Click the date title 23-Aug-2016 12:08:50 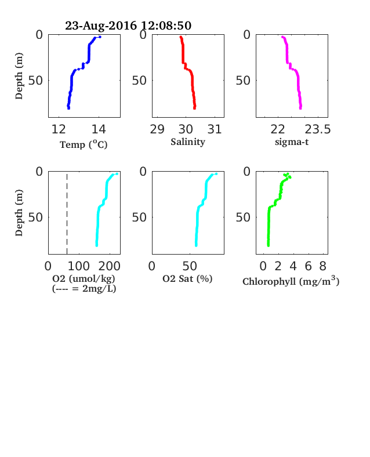pos(128,26)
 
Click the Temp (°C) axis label pos(84,144)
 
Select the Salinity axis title pos(188,142)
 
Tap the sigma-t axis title pos(292,142)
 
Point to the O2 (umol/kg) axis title pos(84,278)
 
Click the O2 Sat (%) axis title pos(187,278)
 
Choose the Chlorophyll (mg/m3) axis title pos(291,281)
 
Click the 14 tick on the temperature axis pos(99,129)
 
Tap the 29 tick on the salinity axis pos(157,129)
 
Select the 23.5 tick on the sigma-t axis pos(318,129)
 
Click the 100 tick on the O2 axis pos(79,266)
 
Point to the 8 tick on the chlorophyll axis pos(323,266)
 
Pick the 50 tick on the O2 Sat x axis pos(190,266)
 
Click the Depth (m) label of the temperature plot pos(19,76)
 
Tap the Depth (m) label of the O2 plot pos(19,213)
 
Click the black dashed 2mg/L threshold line pos(67,214)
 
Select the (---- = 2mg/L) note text pos(84,289)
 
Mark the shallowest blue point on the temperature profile pos(100,37)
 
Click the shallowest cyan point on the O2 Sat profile pos(216,174)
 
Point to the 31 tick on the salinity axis pos(215,129)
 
